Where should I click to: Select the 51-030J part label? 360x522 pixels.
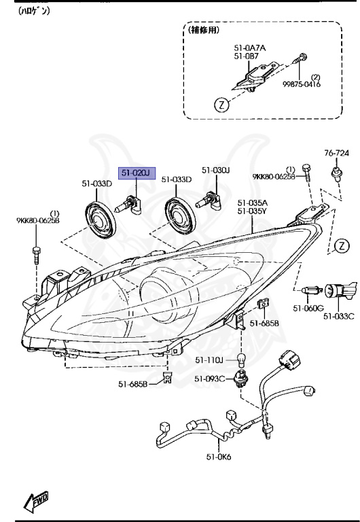click(x=216, y=170)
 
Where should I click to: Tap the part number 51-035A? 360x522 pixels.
click(x=252, y=203)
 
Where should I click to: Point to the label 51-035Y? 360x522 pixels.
click(x=252, y=211)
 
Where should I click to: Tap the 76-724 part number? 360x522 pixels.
click(x=336, y=153)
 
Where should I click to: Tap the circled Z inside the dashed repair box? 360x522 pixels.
click(x=220, y=105)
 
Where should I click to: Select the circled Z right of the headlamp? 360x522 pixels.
click(x=342, y=245)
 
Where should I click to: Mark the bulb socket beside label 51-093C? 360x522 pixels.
click(x=240, y=378)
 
